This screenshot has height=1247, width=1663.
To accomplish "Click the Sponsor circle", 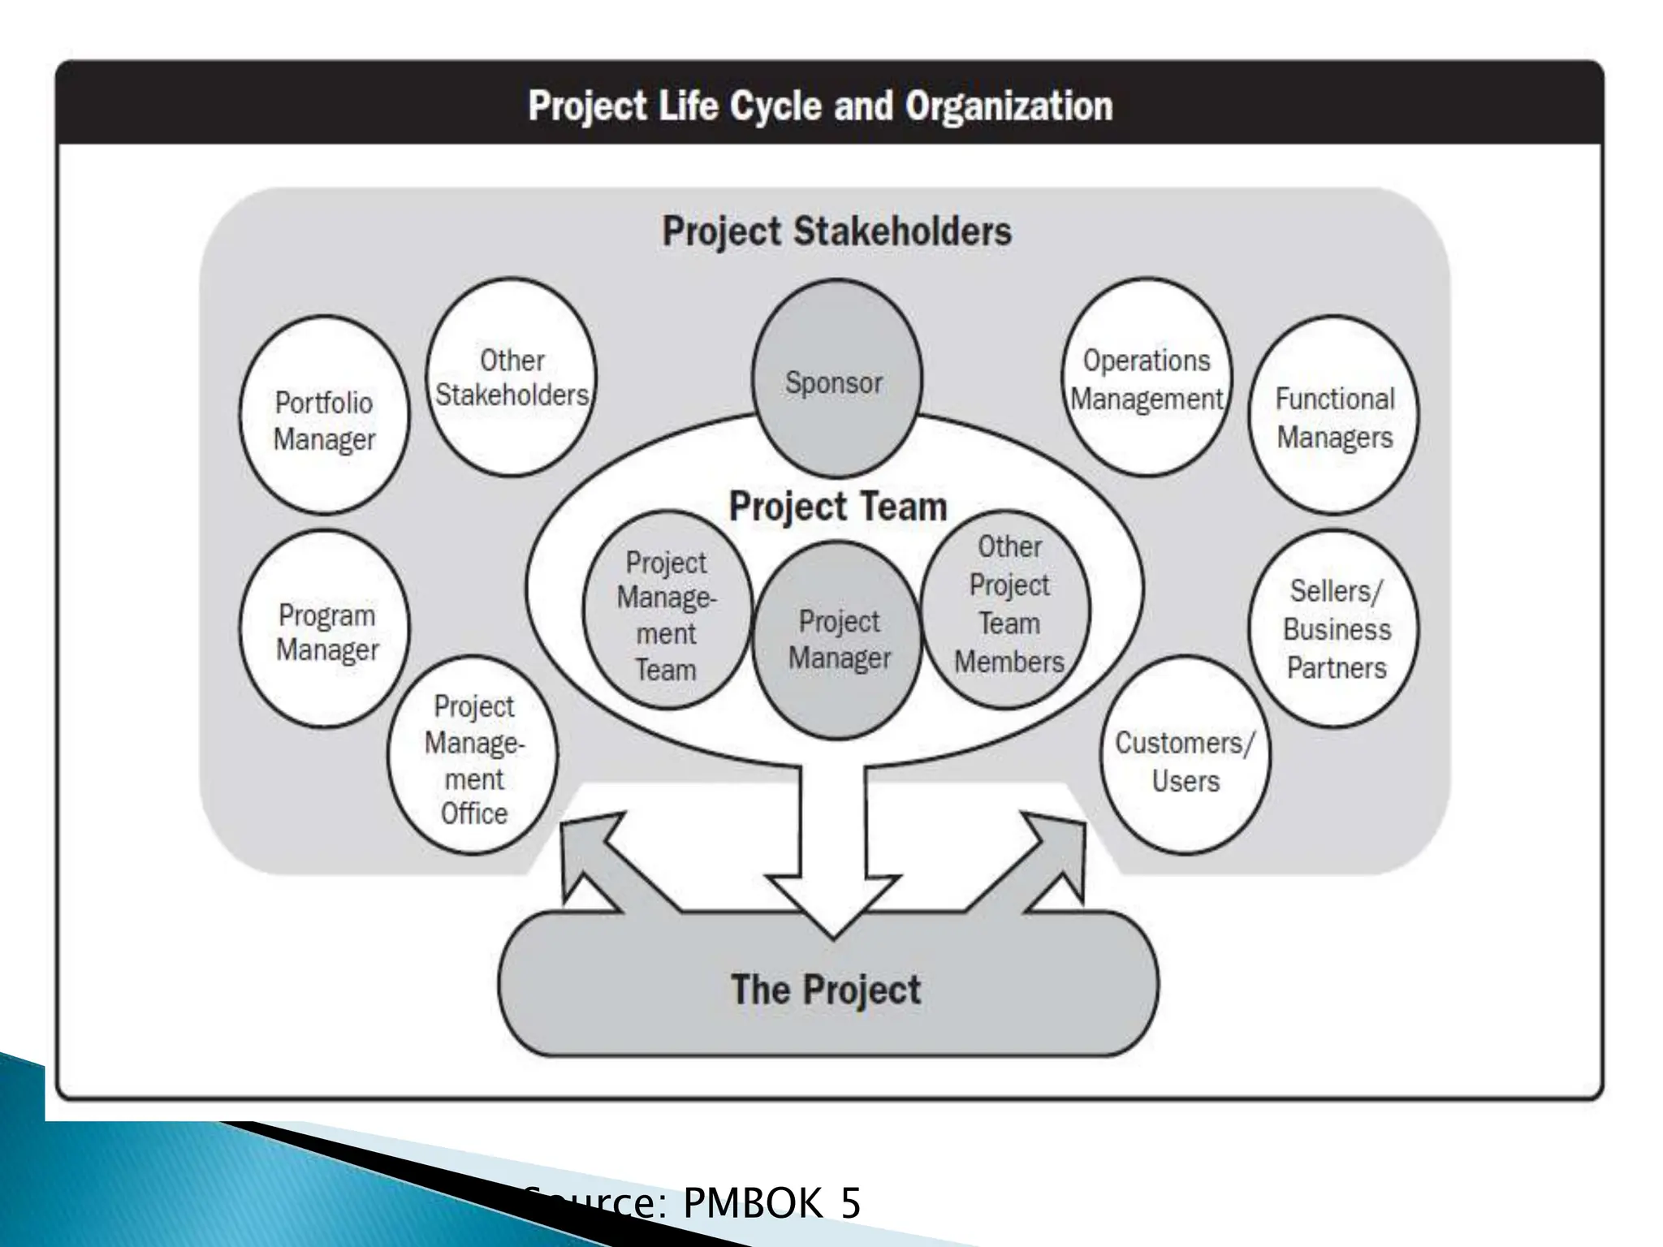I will [836, 380].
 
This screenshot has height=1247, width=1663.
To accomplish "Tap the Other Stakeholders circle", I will [512, 378].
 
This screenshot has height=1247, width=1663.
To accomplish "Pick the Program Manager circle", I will [325, 629].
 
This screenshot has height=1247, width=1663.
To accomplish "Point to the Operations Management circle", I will [1147, 378].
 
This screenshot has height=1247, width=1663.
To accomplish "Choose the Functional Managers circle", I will [1334, 416].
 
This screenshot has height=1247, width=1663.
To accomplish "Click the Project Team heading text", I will [838, 507].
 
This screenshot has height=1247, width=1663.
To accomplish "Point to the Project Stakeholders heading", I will [837, 231].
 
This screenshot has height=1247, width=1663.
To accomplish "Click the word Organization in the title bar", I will [1009, 106].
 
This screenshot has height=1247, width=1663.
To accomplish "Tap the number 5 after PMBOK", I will [850, 1203].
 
